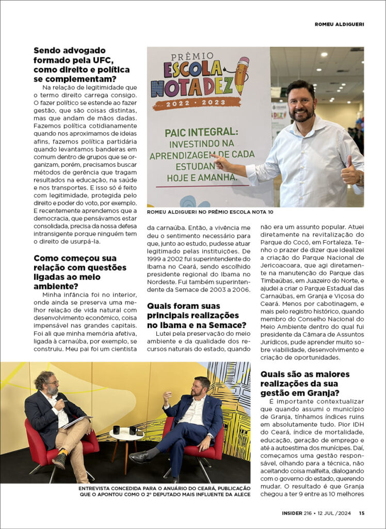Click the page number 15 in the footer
tap(362, 513)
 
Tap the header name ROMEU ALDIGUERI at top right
tap(339, 24)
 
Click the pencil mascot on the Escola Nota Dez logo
tap(240, 75)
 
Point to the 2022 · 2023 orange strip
tap(196, 103)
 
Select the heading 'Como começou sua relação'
tap(80, 272)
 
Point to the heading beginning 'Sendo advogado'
tap(82, 65)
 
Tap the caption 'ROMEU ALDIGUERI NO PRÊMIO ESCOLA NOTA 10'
tap(210, 212)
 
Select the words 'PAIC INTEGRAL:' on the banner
tap(197, 133)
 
